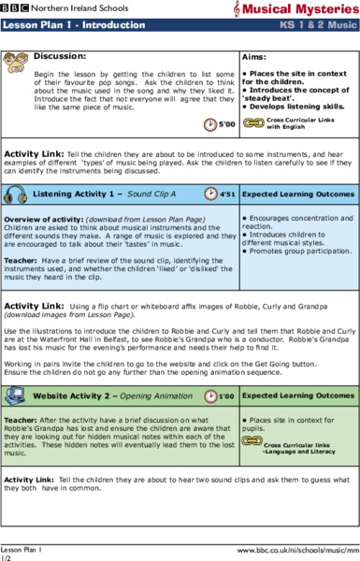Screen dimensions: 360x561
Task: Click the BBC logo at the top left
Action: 15,7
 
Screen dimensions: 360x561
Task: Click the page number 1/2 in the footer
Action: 6,556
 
